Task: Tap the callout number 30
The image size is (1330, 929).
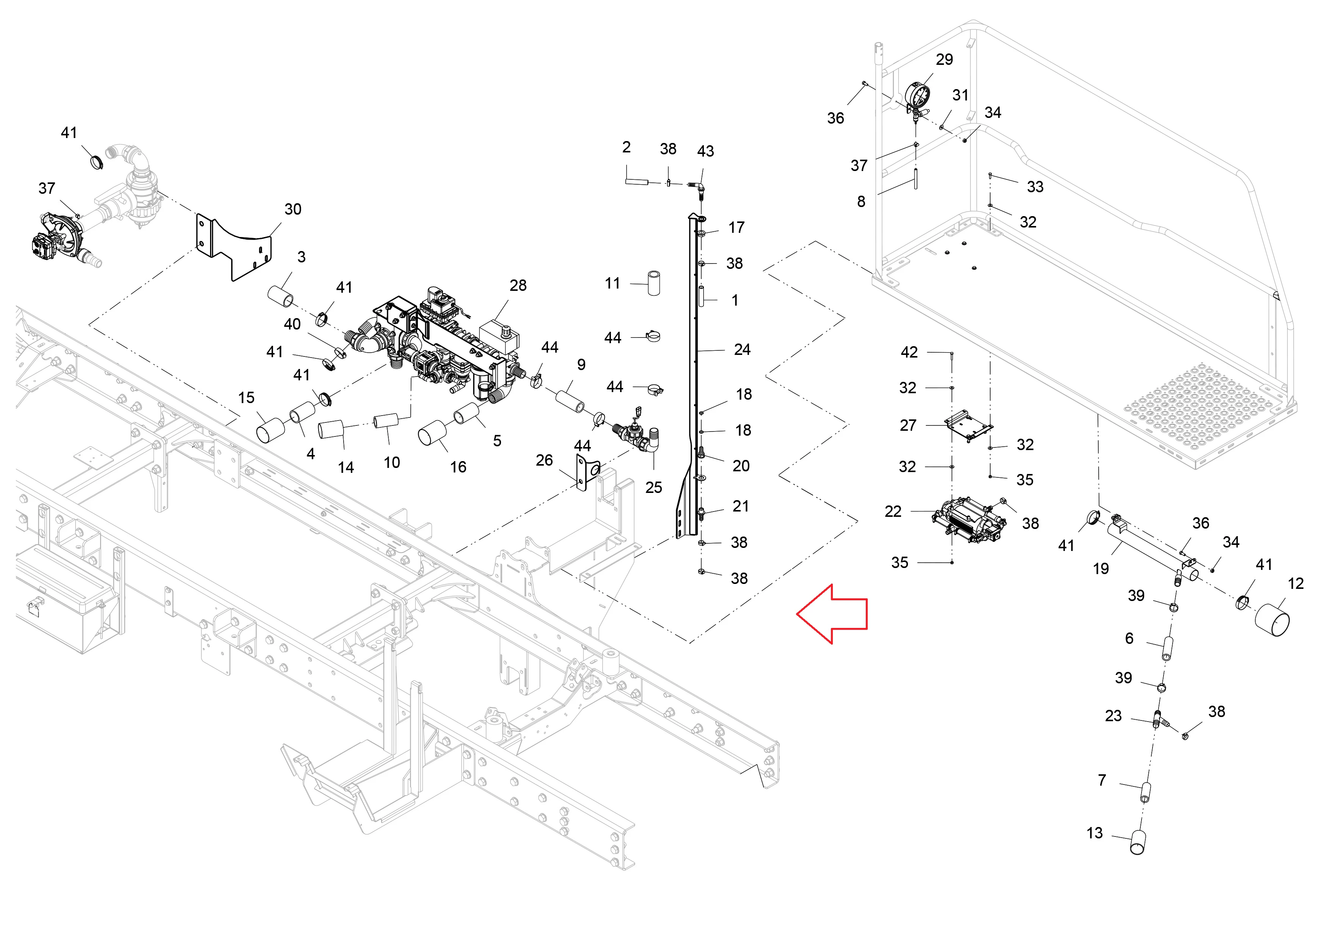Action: (x=292, y=209)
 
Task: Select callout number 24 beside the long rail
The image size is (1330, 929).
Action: (x=742, y=349)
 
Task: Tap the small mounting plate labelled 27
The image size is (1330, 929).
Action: (x=969, y=426)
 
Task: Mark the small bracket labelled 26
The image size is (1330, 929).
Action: (x=586, y=472)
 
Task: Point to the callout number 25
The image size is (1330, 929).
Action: (x=653, y=487)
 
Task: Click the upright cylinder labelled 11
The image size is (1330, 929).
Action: (x=653, y=282)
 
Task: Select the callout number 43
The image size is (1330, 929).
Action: (x=705, y=151)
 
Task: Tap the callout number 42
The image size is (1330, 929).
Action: (x=909, y=352)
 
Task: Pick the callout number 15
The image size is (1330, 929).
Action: (x=246, y=397)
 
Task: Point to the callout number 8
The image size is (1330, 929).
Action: (x=861, y=202)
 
